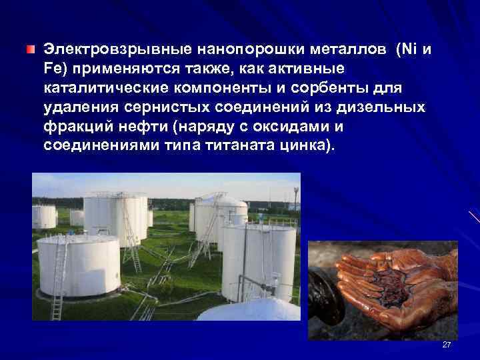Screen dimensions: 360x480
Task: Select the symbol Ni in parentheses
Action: tap(408, 49)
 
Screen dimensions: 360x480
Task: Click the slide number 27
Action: tap(447, 344)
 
